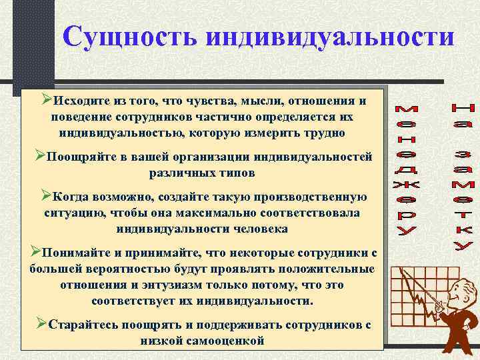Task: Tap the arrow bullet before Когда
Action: (x=46, y=195)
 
